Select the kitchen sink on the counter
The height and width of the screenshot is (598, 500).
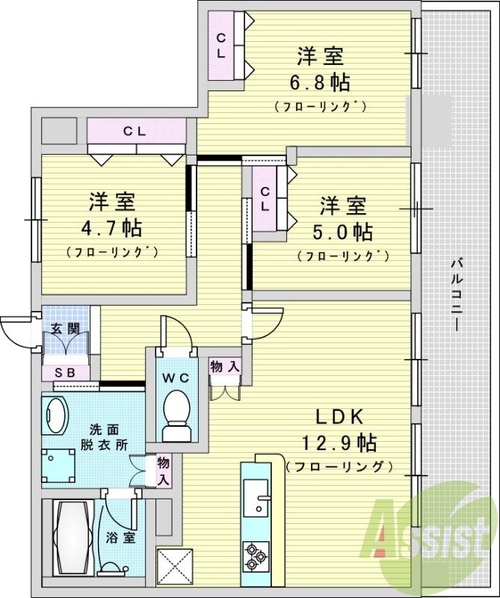[256, 498]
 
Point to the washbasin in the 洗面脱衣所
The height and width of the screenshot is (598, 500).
[56, 416]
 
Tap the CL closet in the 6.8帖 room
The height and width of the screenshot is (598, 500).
[223, 46]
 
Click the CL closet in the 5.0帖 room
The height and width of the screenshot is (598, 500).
[265, 200]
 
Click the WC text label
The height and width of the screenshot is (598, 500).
[177, 377]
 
